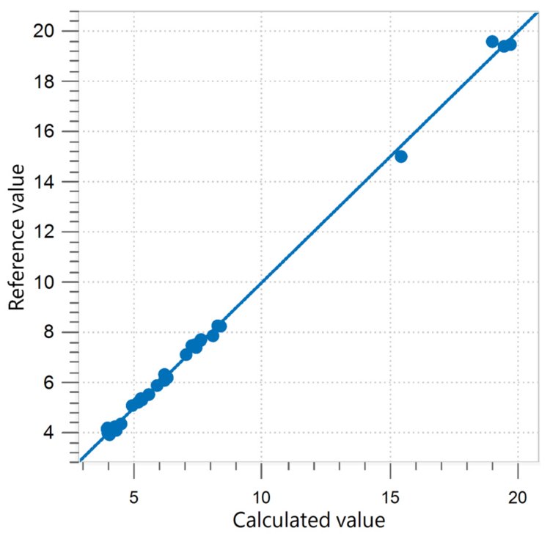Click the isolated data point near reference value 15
coord(400,156)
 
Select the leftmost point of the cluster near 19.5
coord(492,42)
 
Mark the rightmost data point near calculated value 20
coord(510,45)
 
